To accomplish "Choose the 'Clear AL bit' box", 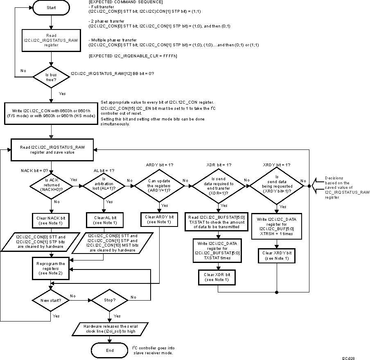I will pos(104,220).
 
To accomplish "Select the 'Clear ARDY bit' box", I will pos(159,219).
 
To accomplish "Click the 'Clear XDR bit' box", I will pos(218,277).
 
